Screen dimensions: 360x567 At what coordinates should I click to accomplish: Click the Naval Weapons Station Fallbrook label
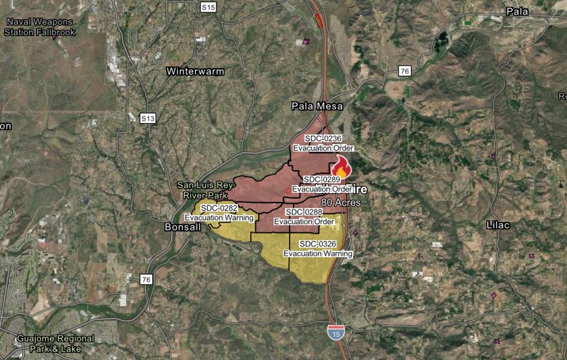pos(39,27)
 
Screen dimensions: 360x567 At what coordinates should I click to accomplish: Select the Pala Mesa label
pos(317,106)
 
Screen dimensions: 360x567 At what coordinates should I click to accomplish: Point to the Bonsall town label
pos(181,227)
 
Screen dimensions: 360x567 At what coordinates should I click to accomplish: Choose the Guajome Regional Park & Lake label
pos(55,343)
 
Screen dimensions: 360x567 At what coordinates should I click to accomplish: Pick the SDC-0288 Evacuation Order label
pos(304,217)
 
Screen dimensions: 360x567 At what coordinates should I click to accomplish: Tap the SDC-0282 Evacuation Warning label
pos(219,213)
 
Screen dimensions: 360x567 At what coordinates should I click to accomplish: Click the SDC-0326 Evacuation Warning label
pos(318,249)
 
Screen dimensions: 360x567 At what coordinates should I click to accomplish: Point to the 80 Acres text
pos(341,203)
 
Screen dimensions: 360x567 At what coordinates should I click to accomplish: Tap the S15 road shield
pos(208,7)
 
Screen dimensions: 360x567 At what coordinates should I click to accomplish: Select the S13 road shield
pos(147,118)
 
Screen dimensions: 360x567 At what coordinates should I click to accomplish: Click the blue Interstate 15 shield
pos(335,332)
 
